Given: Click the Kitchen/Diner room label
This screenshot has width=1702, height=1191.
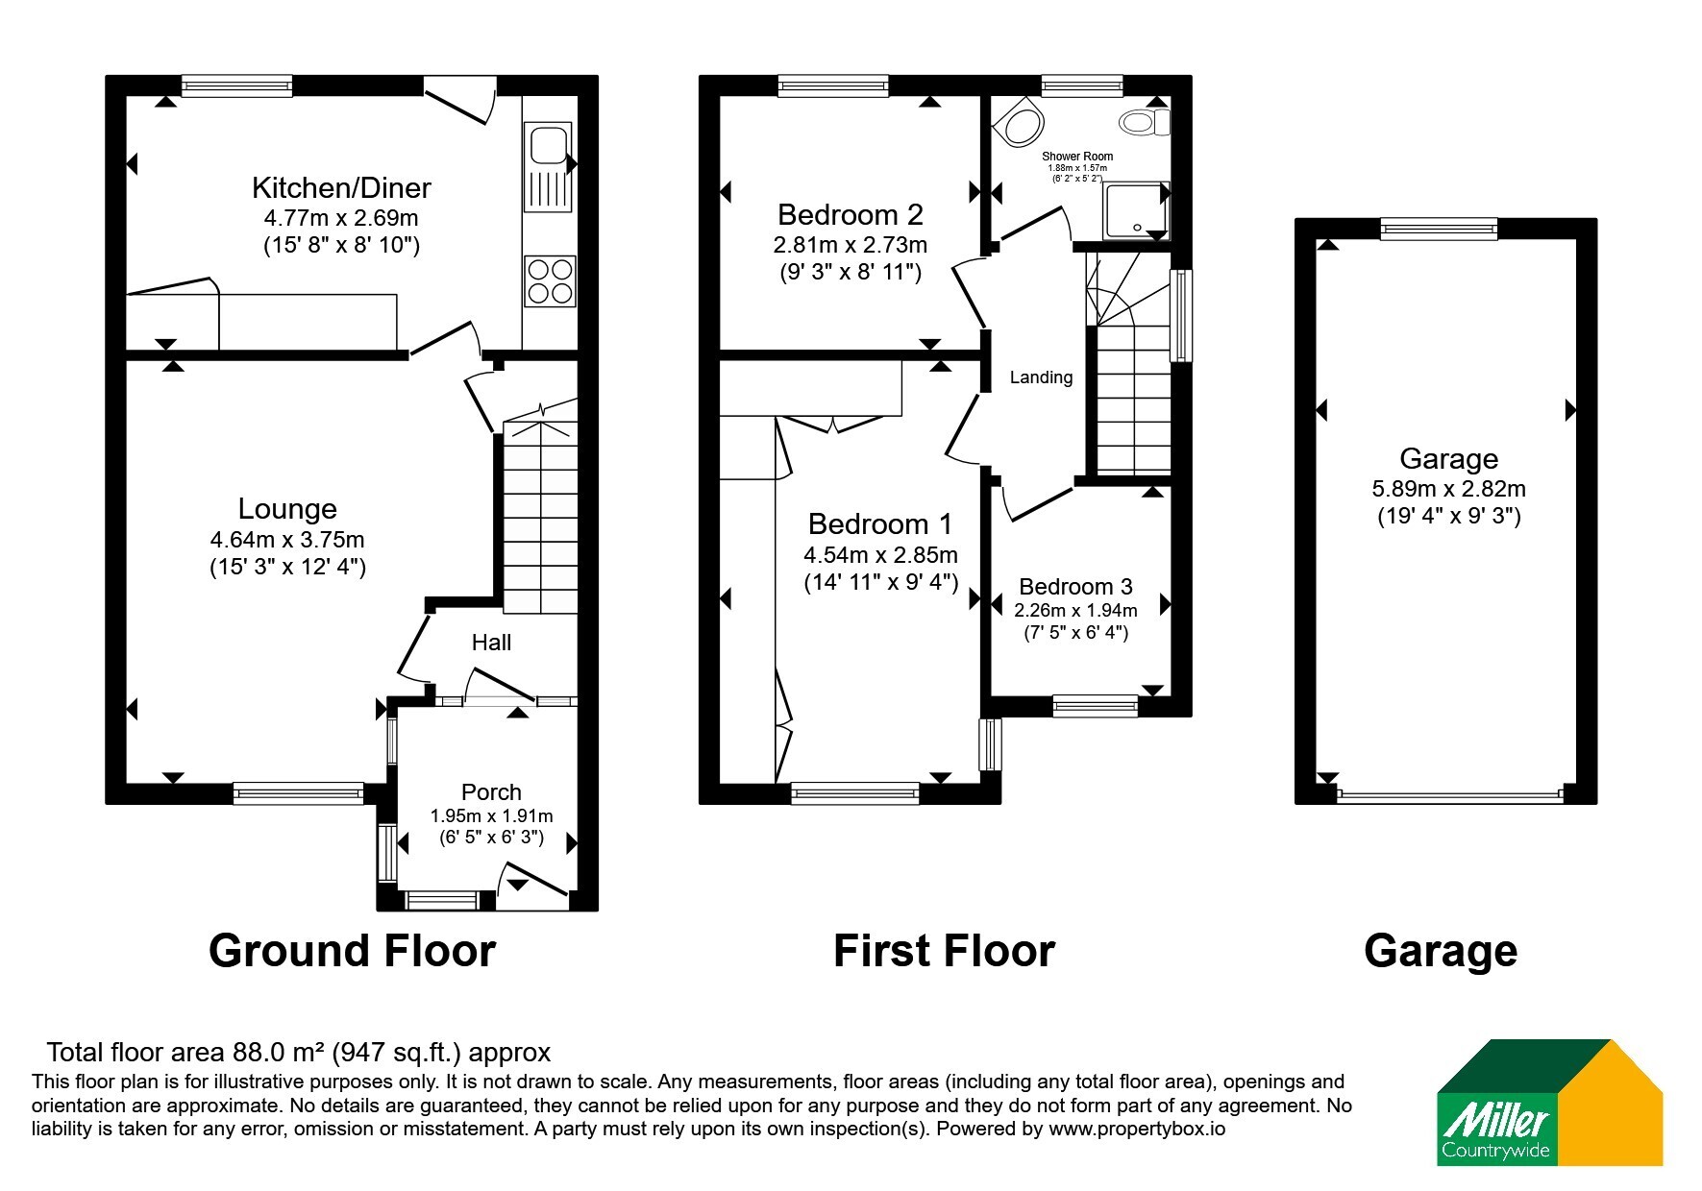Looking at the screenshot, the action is click(x=341, y=187).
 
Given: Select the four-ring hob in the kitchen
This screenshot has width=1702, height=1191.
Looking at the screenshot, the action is click(x=550, y=280).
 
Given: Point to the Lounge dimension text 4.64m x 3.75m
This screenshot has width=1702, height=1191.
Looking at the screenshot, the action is click(x=287, y=540).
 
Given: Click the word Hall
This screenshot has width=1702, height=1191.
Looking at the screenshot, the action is click(x=491, y=643).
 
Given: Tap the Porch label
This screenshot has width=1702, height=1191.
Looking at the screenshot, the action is click(x=491, y=792).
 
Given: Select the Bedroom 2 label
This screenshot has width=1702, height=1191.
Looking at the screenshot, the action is click(x=851, y=214).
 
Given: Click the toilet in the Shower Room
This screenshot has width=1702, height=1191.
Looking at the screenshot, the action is click(x=1145, y=122).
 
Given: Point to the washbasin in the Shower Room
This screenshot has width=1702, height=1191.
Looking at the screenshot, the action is click(x=1018, y=123).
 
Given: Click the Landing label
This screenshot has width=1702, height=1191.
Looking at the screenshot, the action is click(x=1041, y=377).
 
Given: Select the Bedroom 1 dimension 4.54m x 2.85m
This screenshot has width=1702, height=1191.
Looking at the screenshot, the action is click(x=880, y=555).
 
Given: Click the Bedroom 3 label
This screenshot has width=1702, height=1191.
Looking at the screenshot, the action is click(x=1075, y=587).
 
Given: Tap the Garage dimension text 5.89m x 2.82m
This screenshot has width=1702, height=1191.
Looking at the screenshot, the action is click(x=1448, y=489).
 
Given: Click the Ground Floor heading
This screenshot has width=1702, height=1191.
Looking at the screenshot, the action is click(x=352, y=951).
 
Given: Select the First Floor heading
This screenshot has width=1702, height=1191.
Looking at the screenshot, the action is click(x=944, y=951).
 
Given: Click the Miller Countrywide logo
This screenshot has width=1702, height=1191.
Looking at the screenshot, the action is click(x=1549, y=1103).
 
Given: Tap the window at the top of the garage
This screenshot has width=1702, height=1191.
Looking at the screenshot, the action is click(x=1439, y=229).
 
